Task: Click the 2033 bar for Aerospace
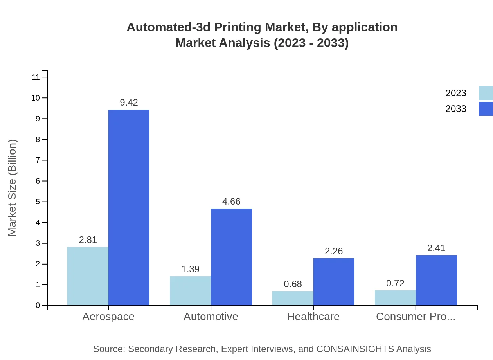coord(129,207)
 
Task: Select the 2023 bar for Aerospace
coord(88,276)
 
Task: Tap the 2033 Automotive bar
coord(231,257)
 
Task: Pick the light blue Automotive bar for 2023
coord(190,291)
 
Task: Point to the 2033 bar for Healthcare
coord(334,282)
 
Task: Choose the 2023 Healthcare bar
coord(293,298)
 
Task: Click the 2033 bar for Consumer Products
coord(436,280)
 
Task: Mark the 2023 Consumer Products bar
coord(395,298)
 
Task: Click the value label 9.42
coord(129,103)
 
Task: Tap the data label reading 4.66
coord(231,202)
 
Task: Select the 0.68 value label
coord(293,284)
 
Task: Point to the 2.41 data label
coord(436,248)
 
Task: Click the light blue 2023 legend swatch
coord(486,93)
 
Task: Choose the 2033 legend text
coord(456,109)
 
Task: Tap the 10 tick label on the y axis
coord(36,98)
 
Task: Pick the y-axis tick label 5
coord(38,202)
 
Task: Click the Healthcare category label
coord(313,316)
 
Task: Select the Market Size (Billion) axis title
coord(13,188)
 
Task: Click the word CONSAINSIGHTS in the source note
coord(355,349)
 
